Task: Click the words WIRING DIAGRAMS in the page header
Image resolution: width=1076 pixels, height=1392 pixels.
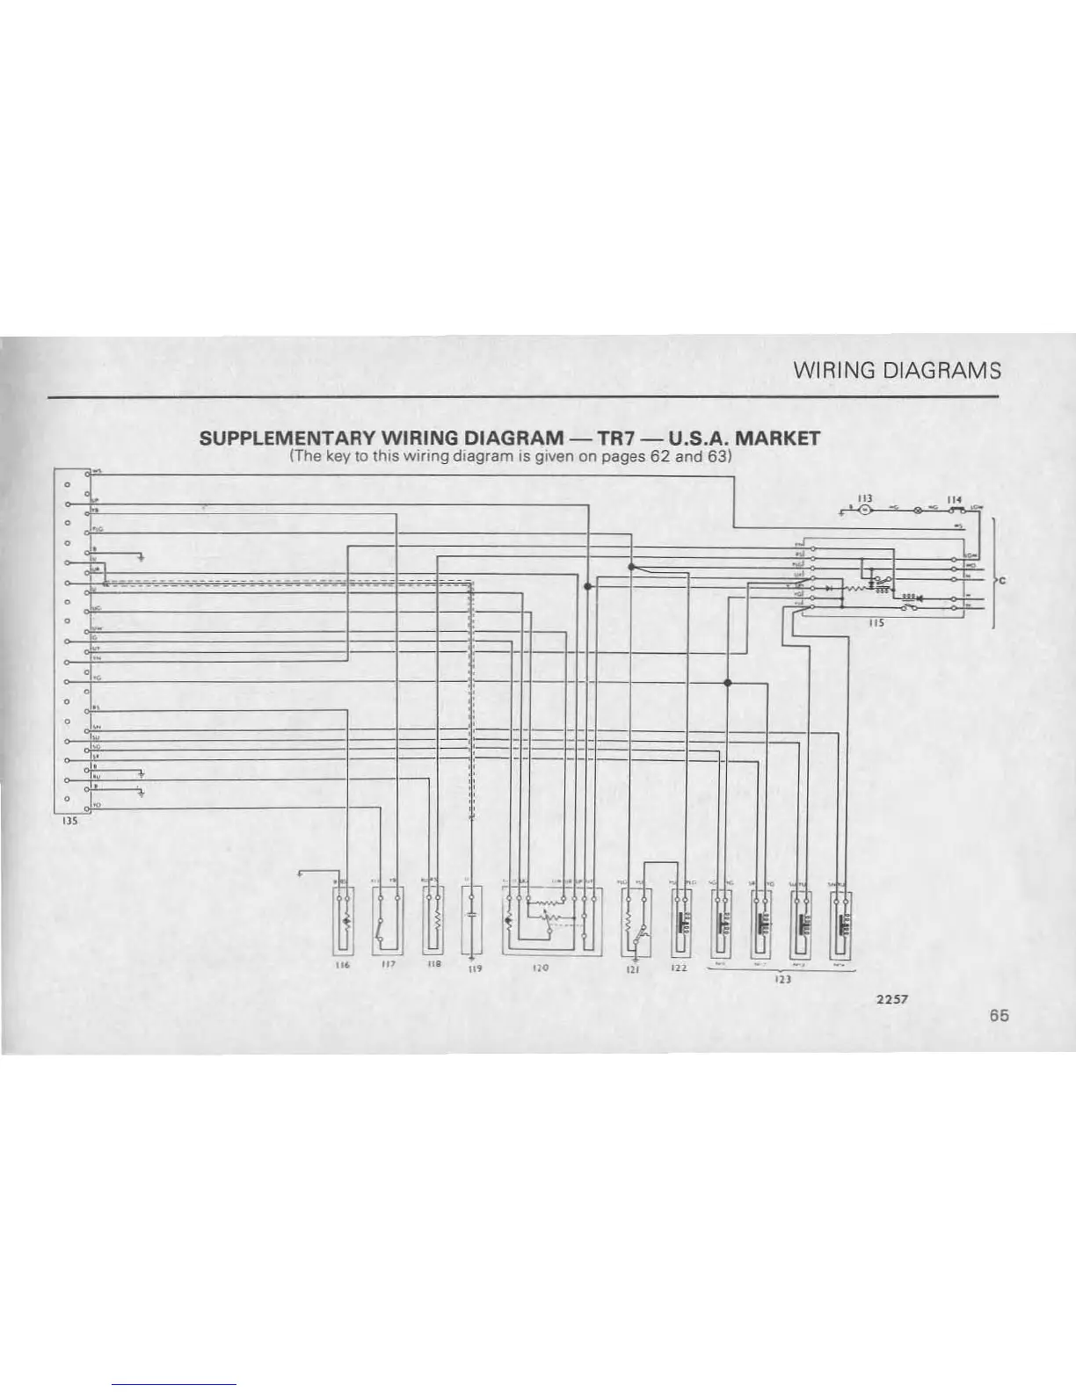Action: [897, 370]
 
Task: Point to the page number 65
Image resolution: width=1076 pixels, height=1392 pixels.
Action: [999, 1015]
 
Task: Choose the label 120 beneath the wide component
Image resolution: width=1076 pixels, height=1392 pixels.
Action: [540, 967]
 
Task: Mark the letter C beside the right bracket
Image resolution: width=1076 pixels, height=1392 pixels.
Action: [1002, 581]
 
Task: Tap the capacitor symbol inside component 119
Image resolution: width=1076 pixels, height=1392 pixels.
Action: [473, 915]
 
